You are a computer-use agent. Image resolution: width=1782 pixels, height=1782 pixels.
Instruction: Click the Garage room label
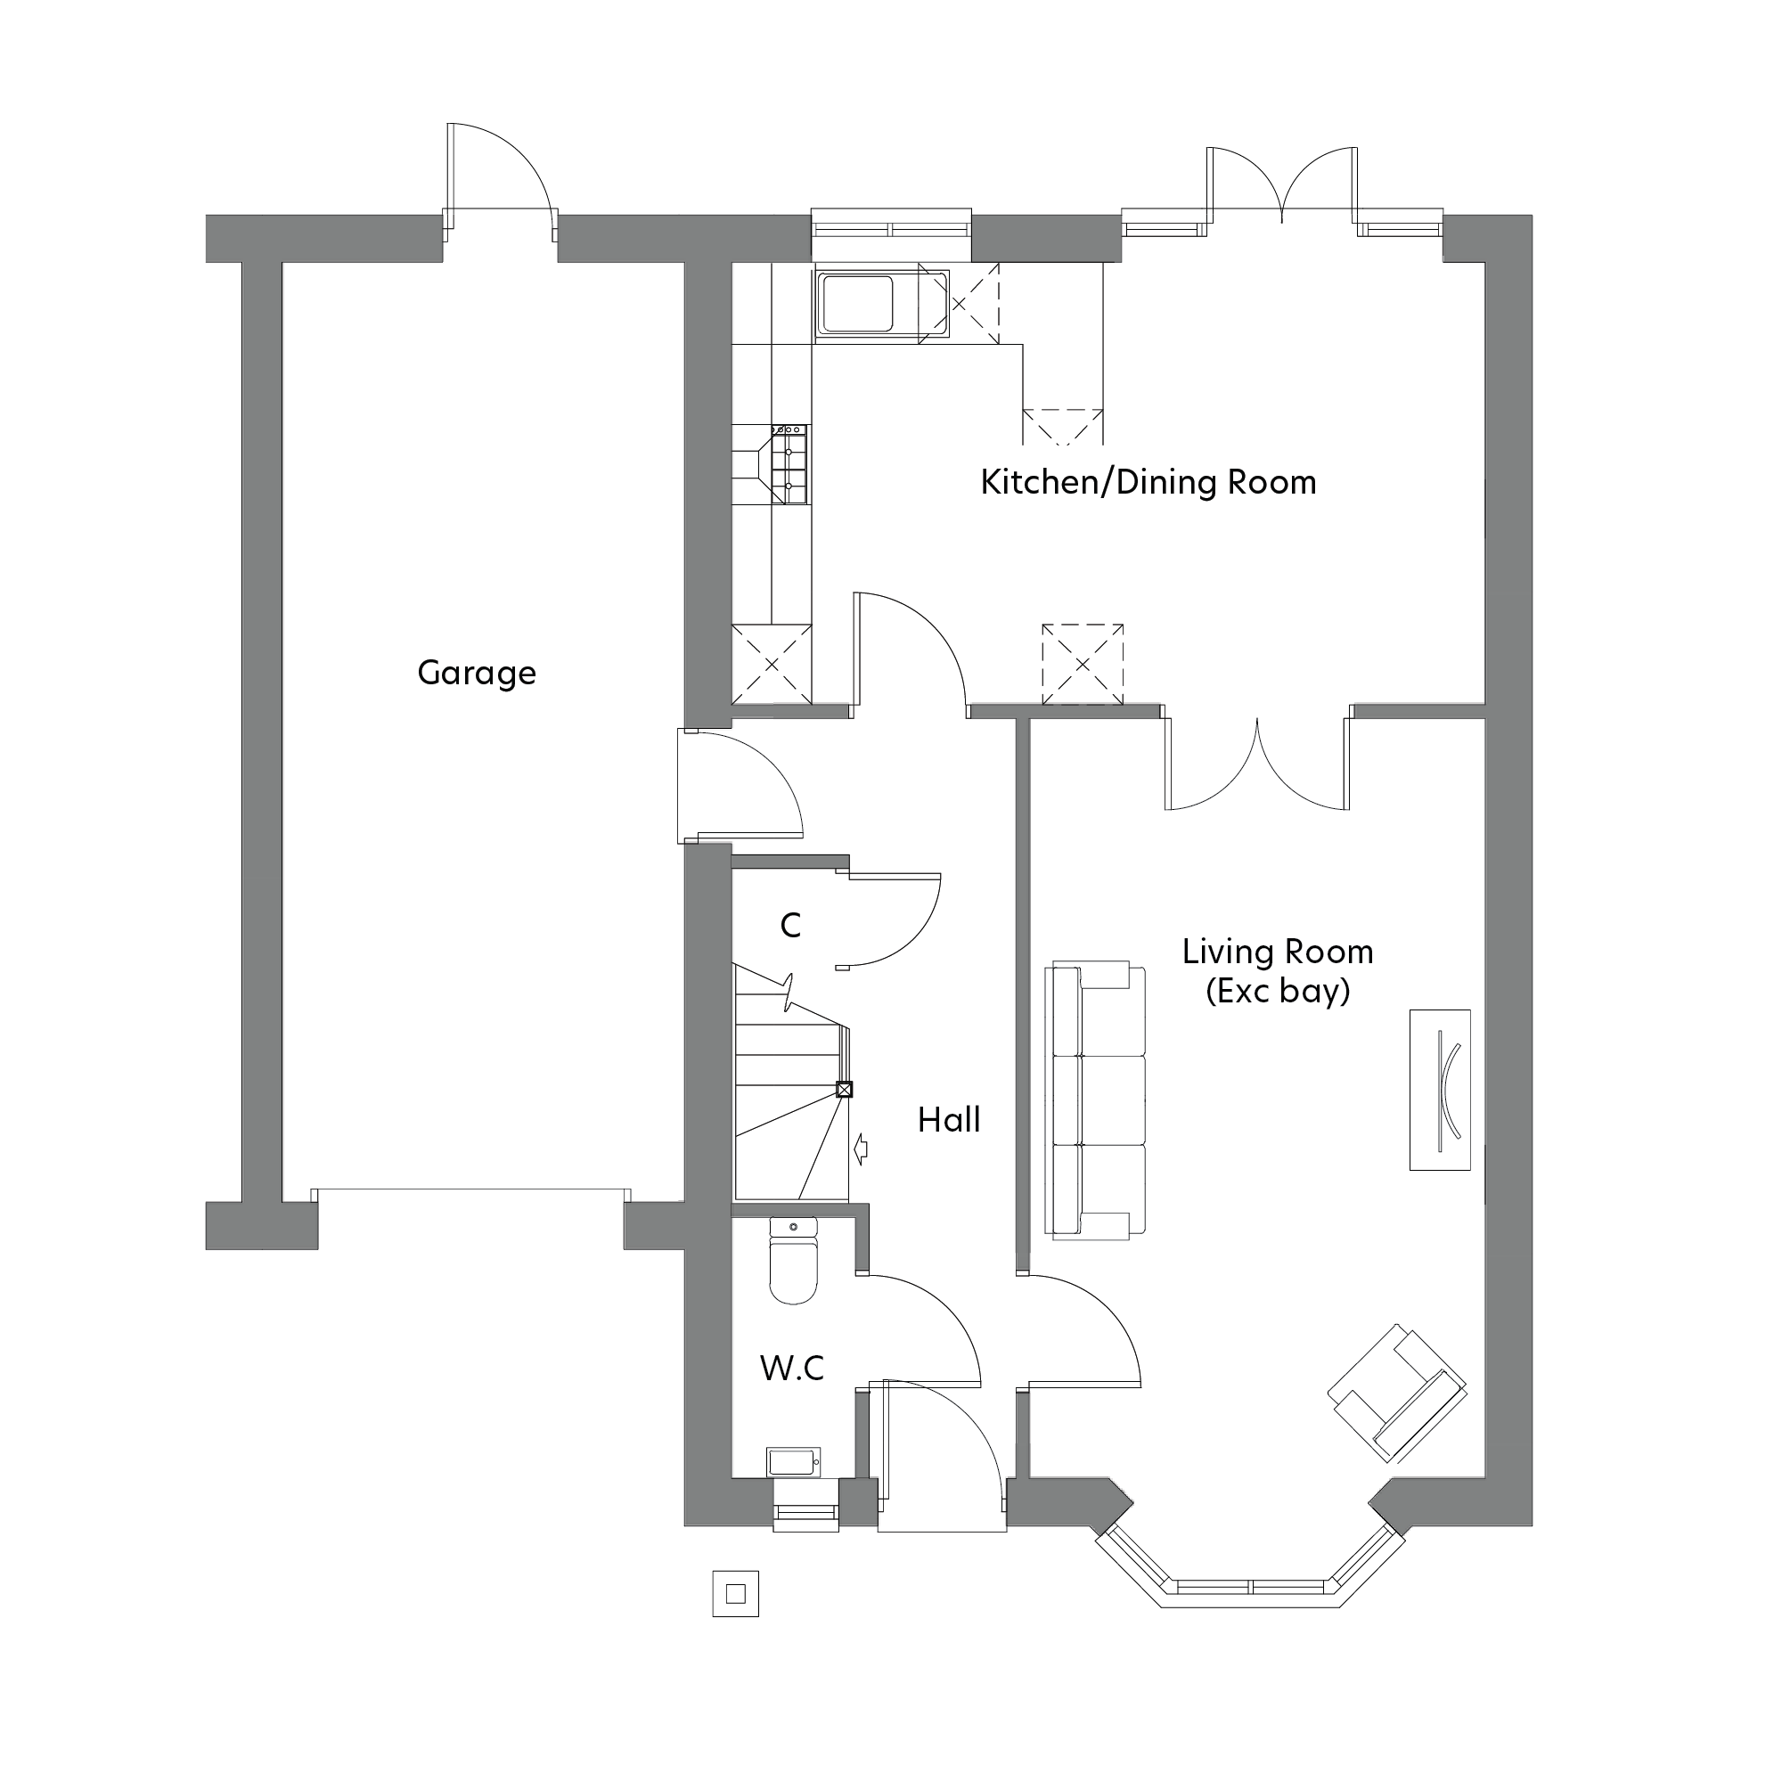pos(476,674)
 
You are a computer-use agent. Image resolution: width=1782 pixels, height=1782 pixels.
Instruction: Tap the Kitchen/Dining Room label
pos(1148,482)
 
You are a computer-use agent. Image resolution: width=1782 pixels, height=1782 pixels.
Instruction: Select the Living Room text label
pos(1278,952)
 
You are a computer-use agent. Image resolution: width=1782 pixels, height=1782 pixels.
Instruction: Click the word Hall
pos(948,1121)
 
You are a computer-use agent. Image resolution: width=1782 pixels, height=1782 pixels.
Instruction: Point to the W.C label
pos(791,1369)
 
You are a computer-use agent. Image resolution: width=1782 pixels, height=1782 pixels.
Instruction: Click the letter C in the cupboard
pos(790,925)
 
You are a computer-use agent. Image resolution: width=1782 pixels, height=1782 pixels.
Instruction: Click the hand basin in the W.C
pos(793,1462)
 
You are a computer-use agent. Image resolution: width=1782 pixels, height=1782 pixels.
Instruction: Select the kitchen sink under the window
pos(858,304)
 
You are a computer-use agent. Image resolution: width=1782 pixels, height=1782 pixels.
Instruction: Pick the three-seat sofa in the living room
pos(1095,1099)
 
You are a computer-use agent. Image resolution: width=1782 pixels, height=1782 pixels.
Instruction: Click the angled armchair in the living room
pos(1397,1407)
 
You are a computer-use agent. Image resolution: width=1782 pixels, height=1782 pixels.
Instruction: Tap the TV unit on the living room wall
pos(1439,1091)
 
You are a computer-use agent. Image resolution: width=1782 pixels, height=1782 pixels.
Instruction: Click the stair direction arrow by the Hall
pos(862,1148)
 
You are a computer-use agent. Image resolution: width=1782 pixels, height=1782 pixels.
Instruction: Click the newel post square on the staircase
pos(843,1090)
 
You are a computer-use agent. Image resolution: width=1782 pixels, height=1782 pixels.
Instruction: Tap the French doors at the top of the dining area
pos(1282,189)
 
